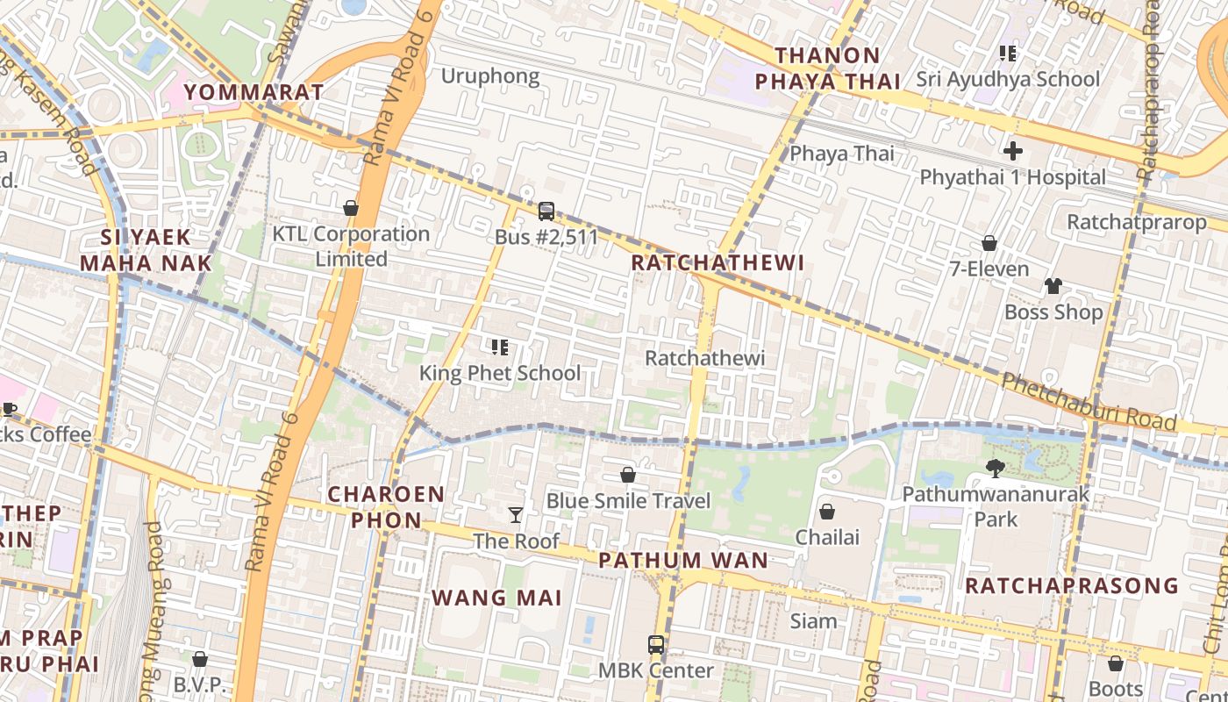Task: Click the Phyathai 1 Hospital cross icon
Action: (1013, 151)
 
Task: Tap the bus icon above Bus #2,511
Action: (546, 211)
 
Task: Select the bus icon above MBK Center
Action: (655, 645)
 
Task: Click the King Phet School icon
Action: (500, 347)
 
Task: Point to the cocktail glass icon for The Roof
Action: (516, 515)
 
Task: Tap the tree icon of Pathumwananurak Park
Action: (995, 469)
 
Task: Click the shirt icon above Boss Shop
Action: (1053, 286)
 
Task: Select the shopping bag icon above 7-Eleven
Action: (989, 243)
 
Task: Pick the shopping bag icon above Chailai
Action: (826, 512)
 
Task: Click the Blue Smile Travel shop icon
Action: (628, 476)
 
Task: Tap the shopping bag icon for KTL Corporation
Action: (351, 209)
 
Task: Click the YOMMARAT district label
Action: (254, 92)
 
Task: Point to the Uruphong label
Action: (490, 76)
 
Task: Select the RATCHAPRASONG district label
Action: (1071, 585)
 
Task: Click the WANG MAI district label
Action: (496, 598)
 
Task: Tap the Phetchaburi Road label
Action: (1089, 402)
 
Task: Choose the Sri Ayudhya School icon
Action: (1008, 54)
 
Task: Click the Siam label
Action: (814, 621)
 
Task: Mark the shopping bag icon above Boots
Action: (1115, 663)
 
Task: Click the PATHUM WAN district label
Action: (683, 560)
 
